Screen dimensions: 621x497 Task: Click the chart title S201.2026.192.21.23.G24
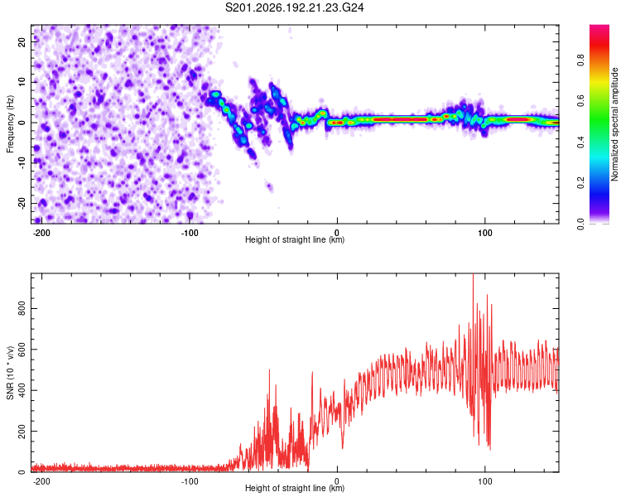point(294,7)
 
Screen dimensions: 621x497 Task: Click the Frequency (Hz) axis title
point(10,124)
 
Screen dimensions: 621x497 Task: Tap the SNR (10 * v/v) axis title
point(10,373)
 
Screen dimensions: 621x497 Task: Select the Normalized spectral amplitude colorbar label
point(614,124)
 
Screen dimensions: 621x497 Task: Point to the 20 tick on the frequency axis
point(22,41)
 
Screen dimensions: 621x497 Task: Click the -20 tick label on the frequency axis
point(22,203)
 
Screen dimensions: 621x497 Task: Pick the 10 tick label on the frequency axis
point(22,82)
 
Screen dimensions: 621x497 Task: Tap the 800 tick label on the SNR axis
point(22,308)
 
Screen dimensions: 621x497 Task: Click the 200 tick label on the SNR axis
point(22,432)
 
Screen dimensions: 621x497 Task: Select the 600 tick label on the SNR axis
point(22,350)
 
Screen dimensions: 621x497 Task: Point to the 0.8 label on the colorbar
point(580,60)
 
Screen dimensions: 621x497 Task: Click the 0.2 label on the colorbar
point(580,183)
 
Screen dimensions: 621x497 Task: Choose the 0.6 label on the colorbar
point(580,101)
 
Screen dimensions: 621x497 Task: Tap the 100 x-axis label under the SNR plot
point(484,481)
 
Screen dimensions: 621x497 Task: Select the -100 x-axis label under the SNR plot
point(190,481)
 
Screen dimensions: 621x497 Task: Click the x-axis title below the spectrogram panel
point(295,239)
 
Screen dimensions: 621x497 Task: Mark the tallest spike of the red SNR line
point(473,274)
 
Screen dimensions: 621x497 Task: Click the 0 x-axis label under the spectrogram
point(337,233)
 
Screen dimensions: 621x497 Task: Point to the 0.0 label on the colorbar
point(580,224)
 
